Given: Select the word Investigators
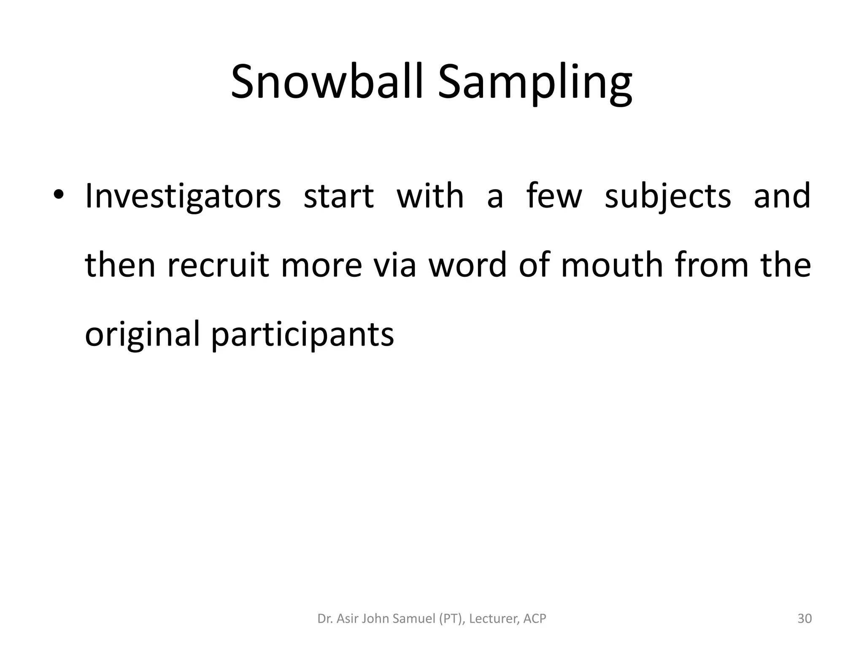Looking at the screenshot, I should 183,197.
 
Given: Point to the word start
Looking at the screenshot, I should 338,197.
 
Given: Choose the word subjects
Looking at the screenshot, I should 667,197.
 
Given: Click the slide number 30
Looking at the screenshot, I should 805,618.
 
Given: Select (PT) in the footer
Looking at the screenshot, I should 452,618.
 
